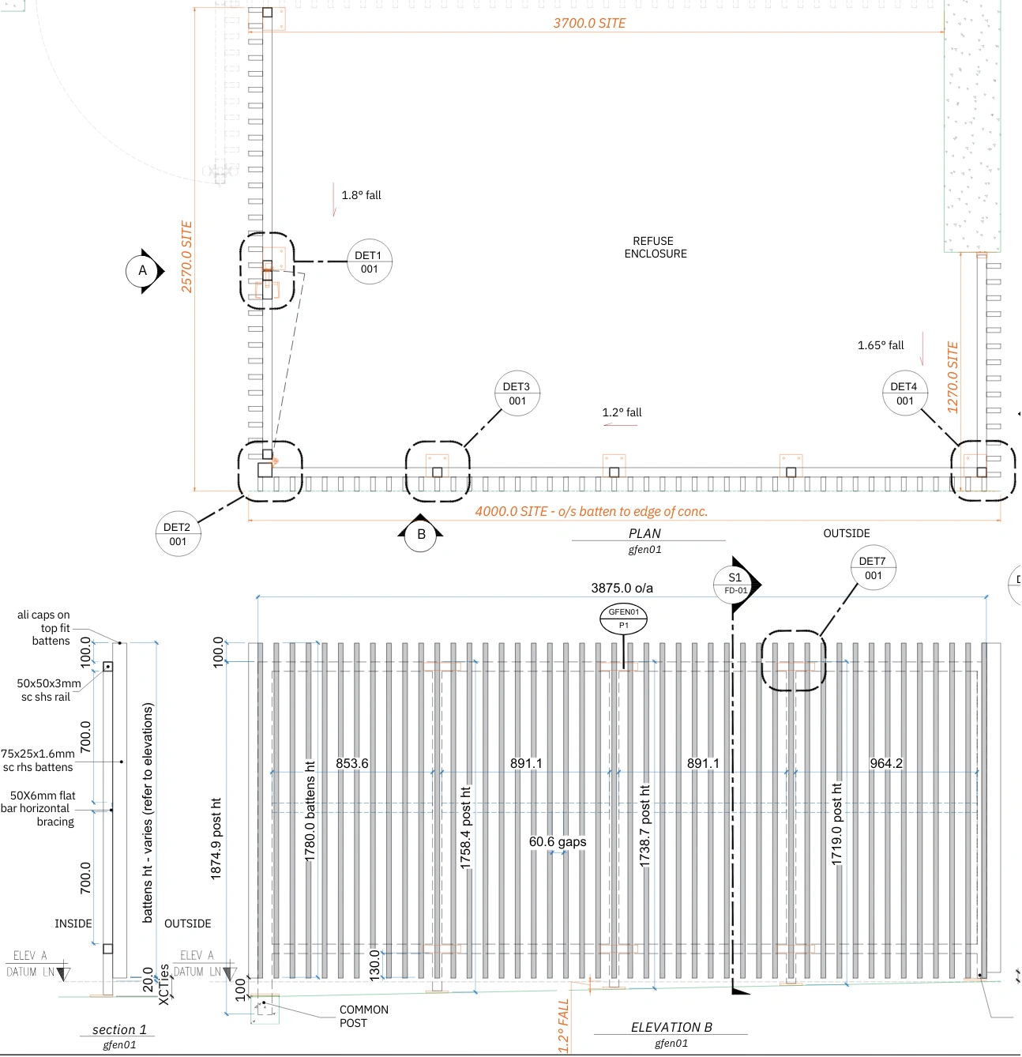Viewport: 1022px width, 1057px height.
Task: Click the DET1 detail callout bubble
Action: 369,261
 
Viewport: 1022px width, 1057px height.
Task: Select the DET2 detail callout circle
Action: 178,534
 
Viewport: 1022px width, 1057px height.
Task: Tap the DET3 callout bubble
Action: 517,393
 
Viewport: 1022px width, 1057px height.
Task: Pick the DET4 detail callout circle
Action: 904,393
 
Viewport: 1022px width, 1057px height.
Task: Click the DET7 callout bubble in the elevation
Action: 873,568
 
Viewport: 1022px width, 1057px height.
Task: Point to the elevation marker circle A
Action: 143,271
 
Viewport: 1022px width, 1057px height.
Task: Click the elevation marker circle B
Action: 421,535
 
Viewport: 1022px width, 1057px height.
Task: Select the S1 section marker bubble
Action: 735,583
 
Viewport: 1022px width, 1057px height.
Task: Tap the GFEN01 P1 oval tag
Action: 623,619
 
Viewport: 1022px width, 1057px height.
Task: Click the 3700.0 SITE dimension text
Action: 589,24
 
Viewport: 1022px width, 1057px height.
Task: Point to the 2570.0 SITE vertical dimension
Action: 187,257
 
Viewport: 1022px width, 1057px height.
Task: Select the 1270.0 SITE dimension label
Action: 952,378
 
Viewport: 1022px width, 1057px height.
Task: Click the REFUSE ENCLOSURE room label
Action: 655,247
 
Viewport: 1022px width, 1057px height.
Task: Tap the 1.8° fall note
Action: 361,195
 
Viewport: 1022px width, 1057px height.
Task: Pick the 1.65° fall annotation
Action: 881,345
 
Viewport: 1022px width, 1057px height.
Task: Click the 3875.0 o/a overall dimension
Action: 622,588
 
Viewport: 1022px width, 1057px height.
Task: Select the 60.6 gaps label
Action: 558,842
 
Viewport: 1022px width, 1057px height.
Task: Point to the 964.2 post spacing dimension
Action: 885,763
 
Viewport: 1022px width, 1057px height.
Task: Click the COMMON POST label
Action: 363,1017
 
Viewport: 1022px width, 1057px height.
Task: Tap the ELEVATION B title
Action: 671,1027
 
